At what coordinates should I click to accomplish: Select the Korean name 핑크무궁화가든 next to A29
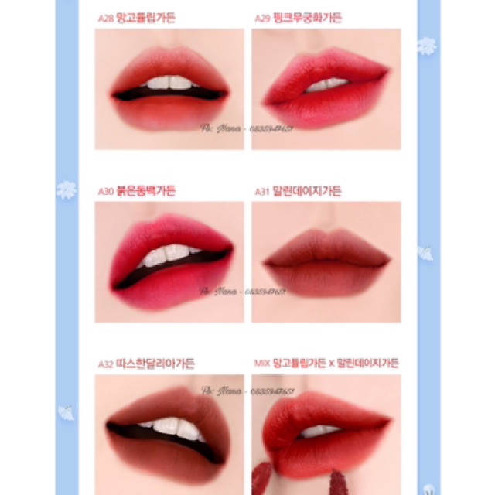[309, 18]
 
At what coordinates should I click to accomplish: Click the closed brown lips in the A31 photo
[325, 263]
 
